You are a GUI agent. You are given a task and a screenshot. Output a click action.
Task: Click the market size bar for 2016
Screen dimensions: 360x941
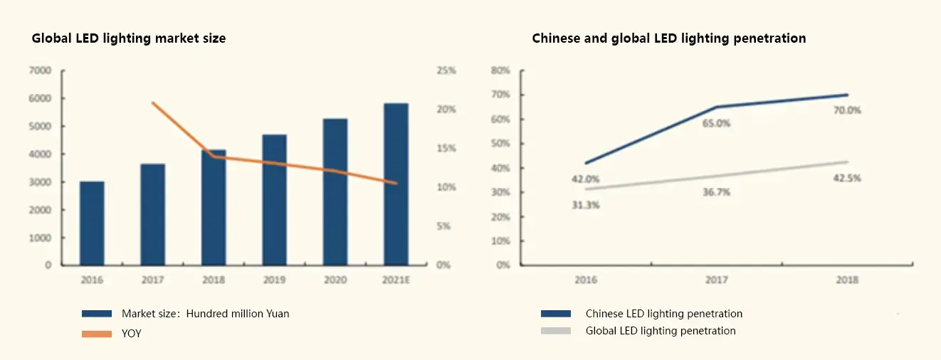(92, 223)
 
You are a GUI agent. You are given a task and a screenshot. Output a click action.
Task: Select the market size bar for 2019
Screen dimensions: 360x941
(274, 200)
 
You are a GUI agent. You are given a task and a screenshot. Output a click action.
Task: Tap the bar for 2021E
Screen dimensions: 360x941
(396, 184)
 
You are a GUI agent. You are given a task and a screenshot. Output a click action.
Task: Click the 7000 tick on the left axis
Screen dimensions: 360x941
(39, 70)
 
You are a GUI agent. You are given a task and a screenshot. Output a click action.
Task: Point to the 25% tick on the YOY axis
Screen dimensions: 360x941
(446, 70)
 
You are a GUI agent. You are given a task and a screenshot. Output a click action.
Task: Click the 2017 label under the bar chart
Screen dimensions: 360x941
(152, 280)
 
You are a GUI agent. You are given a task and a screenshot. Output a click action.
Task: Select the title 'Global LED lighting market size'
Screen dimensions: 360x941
(129, 38)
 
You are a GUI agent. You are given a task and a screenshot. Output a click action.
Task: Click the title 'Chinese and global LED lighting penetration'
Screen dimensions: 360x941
(669, 38)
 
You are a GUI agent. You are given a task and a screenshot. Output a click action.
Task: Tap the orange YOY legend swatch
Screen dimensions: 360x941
(97, 334)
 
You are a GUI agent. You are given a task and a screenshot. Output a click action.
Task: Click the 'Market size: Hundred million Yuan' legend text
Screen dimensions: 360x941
(205, 314)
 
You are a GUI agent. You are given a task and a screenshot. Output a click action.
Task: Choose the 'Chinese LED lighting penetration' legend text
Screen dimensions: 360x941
(663, 314)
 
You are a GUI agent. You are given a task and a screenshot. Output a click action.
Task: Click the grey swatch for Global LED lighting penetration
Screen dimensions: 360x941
(556, 331)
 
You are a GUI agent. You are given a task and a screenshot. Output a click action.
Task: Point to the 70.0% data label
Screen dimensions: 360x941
(847, 110)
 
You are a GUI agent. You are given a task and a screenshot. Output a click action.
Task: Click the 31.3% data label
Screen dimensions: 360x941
(586, 205)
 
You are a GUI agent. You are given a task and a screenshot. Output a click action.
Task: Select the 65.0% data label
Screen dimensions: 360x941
(716, 123)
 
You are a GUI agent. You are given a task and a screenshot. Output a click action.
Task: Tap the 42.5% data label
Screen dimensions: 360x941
(847, 178)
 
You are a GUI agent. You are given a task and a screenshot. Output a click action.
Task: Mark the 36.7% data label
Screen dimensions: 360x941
(716, 192)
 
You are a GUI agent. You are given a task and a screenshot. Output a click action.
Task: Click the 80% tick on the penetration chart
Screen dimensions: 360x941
(500, 70)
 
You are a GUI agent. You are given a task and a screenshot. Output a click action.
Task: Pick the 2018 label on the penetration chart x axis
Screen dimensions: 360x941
(847, 280)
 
